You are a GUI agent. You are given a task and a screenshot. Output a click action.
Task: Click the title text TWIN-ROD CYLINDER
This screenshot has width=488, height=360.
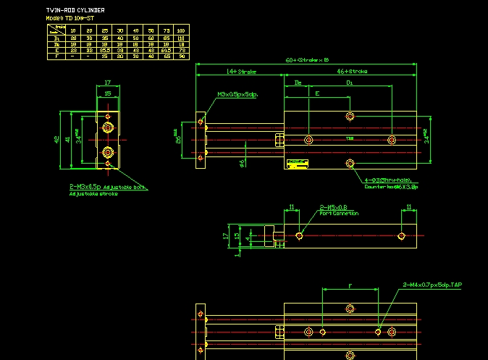(x=75, y=10)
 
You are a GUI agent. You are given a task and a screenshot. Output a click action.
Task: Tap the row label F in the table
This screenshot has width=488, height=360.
(x=56, y=56)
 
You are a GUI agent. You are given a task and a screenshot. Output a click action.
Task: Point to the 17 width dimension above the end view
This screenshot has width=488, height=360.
(x=107, y=83)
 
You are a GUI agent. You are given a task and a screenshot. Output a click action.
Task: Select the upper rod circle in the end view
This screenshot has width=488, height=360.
(x=108, y=128)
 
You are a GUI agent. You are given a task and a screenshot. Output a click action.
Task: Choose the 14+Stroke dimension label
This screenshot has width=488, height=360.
(x=241, y=72)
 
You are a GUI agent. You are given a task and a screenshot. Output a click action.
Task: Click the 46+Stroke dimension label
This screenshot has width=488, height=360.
(x=352, y=72)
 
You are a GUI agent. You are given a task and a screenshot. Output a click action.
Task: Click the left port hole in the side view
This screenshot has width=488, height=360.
(x=300, y=235)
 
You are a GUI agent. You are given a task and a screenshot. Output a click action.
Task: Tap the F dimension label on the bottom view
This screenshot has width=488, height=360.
(x=350, y=287)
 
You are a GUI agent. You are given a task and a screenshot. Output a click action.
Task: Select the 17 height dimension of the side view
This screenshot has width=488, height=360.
(x=226, y=235)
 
